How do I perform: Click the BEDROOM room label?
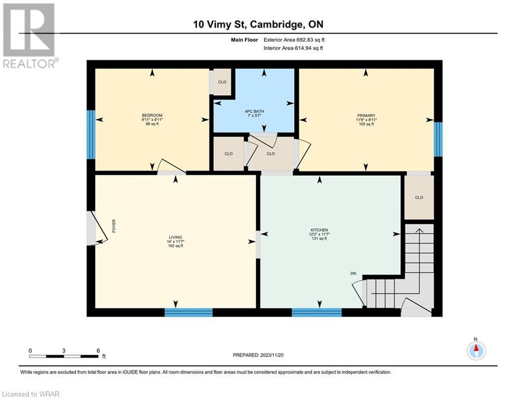pyautogui.click(x=152, y=115)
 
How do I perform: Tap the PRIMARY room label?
pyautogui.click(x=366, y=116)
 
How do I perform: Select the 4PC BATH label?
pyautogui.click(x=255, y=111)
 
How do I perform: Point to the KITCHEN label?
pyautogui.click(x=319, y=230)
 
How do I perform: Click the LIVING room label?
pyautogui.click(x=175, y=237)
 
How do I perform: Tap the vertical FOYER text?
pyautogui.click(x=114, y=226)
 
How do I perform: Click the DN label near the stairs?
pyautogui.click(x=353, y=274)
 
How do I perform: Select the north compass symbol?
pyautogui.click(x=476, y=350)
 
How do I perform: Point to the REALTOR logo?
pyautogui.click(x=29, y=36)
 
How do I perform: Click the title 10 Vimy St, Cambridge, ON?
pyautogui.click(x=258, y=24)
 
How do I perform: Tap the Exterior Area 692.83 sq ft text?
pyautogui.click(x=294, y=40)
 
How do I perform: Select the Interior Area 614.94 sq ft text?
pyautogui.click(x=293, y=48)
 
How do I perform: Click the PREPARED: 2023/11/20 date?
pyautogui.click(x=258, y=355)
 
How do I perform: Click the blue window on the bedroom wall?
pyautogui.click(x=91, y=135)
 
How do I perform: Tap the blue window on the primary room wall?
pyautogui.click(x=438, y=139)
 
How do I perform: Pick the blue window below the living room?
pyautogui.click(x=189, y=312)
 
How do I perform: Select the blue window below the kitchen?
pyautogui.click(x=316, y=312)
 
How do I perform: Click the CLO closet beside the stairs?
pyautogui.click(x=419, y=197)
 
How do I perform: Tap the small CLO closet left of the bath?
pyautogui.click(x=222, y=82)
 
